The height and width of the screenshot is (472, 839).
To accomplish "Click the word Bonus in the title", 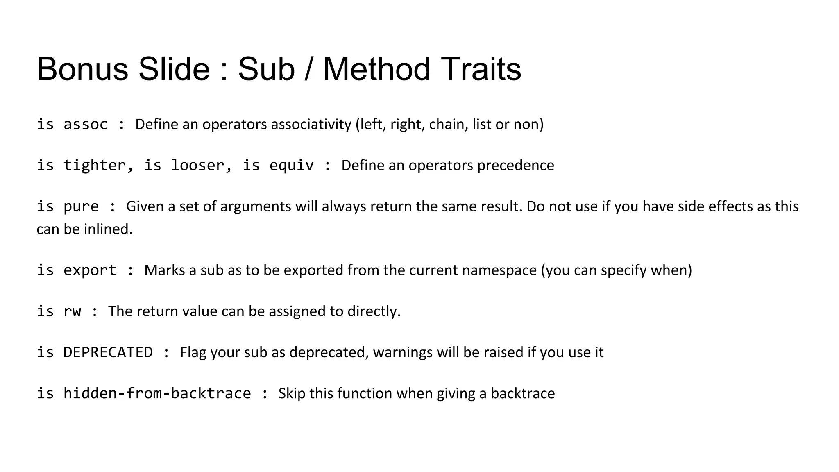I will point(82,69).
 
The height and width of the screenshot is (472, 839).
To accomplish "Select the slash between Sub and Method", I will point(308,69).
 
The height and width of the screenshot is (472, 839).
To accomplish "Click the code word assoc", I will point(85,124).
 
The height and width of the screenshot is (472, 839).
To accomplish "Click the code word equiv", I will point(291,165).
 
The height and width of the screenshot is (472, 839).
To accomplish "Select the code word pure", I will point(81,206).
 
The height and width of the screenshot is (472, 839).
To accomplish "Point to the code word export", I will point(90,270).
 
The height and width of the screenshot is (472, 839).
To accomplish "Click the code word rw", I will point(72,311).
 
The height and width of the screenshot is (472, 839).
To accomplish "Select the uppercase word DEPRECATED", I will point(108,352).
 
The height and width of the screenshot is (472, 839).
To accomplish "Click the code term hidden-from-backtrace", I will point(157,393).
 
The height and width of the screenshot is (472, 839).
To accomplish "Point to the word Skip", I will point(292,393).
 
